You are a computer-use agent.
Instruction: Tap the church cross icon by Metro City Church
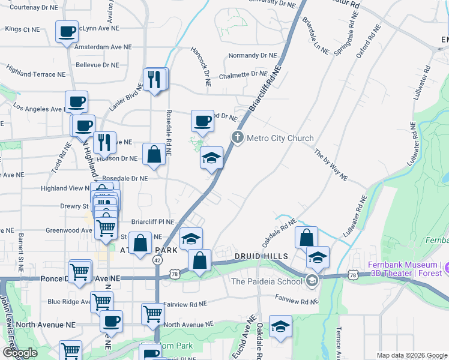238,138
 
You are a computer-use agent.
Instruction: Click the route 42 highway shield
157,260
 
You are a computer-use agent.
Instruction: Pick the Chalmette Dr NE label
243,75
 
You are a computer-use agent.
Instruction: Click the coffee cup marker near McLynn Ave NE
67,31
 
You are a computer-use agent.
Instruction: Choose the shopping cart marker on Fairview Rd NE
152,313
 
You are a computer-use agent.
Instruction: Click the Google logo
20,353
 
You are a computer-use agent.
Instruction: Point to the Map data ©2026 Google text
412,355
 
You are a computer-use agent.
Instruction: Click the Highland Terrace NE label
35,74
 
